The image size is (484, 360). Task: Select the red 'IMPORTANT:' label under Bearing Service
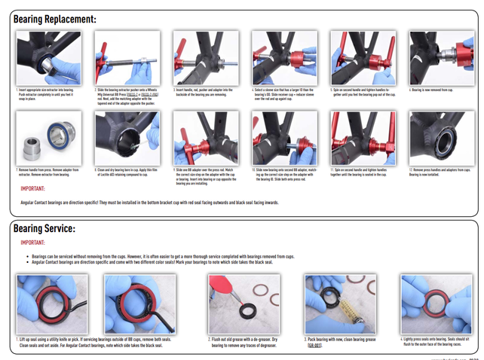pyautogui.click(x=34, y=243)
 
